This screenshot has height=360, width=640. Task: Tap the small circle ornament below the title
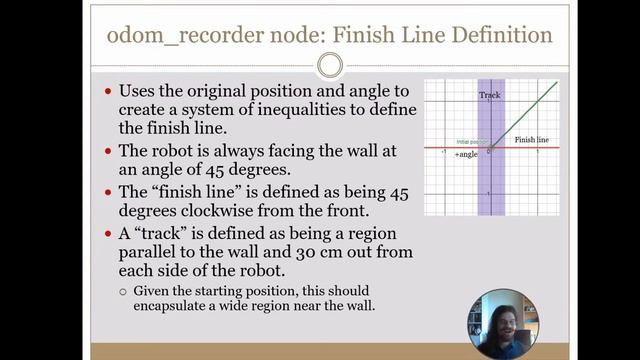pos(329,66)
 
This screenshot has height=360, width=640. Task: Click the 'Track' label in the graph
pos(489,95)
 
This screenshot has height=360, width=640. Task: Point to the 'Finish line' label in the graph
pos(532,140)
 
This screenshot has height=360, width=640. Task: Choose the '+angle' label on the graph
pos(466,155)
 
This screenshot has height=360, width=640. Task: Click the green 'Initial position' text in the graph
pos(470,142)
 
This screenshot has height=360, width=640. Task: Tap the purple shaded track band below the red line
pos(491,185)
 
